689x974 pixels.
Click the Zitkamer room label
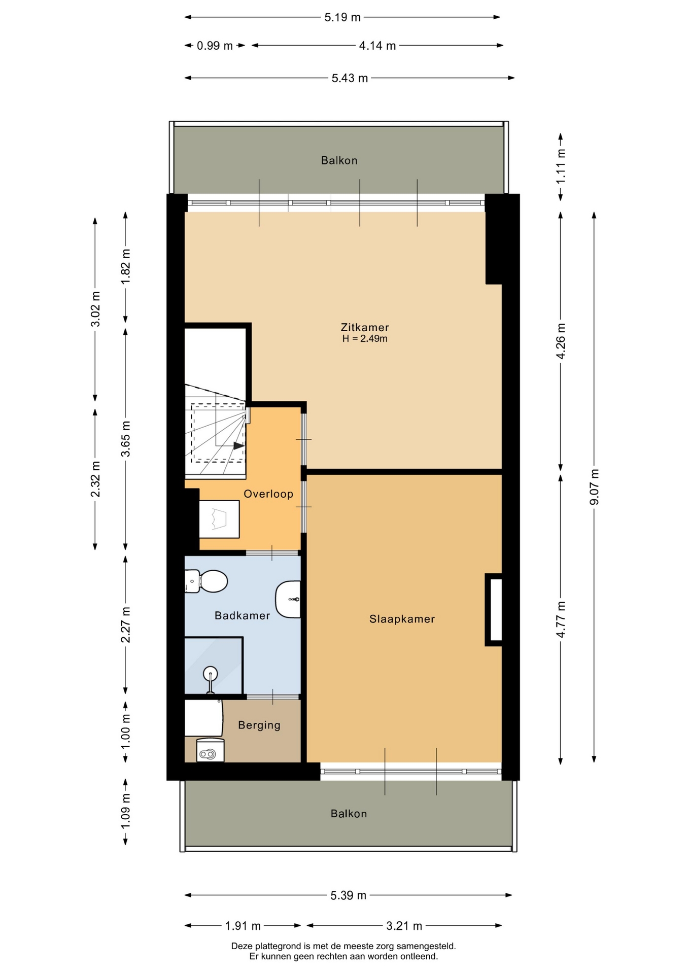click(365, 327)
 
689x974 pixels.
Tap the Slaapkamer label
click(402, 619)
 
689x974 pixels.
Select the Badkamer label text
click(242, 615)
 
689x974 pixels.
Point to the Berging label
click(259, 725)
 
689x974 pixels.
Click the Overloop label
click(268, 494)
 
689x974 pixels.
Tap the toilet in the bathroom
click(206, 581)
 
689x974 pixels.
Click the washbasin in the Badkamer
click(288, 599)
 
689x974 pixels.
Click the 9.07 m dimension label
click(594, 487)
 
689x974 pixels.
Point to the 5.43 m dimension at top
click(350, 78)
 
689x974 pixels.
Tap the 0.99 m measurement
click(215, 46)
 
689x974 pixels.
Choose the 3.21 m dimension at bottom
click(404, 926)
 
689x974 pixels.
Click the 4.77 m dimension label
click(561, 619)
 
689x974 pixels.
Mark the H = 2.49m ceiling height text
click(365, 339)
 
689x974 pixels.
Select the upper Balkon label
click(339, 161)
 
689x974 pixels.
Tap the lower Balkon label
click(349, 814)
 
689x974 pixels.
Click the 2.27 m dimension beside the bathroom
click(125, 624)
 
